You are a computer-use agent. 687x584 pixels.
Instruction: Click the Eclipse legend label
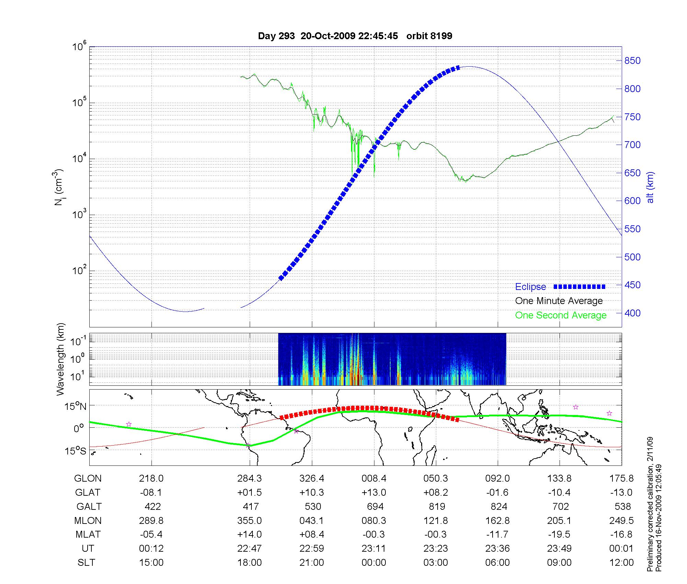pyautogui.click(x=530, y=287)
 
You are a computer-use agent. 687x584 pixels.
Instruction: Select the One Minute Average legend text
pyautogui.click(x=559, y=301)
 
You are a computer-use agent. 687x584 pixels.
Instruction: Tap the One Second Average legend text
pyautogui.click(x=561, y=315)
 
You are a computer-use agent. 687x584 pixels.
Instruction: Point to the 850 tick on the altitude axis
pyautogui.click(x=632, y=61)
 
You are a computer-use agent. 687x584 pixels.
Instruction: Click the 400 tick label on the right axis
pyautogui.click(x=632, y=313)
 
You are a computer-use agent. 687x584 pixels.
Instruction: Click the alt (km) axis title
pyautogui.click(x=650, y=187)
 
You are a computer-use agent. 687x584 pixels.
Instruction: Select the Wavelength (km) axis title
pyautogui.click(x=60, y=359)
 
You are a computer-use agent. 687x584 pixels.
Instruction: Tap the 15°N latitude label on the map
pyautogui.click(x=76, y=407)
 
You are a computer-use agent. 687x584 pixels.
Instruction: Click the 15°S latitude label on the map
pyautogui.click(x=76, y=451)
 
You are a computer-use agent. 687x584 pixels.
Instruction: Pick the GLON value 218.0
pyautogui.click(x=151, y=479)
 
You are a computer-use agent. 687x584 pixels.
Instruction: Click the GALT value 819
pyautogui.click(x=437, y=507)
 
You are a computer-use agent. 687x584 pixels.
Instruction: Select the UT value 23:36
pyautogui.click(x=497, y=549)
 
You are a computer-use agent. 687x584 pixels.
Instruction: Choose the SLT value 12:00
pyautogui.click(x=621, y=563)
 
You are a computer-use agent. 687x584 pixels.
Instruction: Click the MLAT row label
pyautogui.click(x=88, y=535)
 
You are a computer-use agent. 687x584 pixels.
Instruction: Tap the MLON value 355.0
pyautogui.click(x=249, y=521)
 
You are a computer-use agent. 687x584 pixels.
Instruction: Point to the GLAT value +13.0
pyautogui.click(x=374, y=493)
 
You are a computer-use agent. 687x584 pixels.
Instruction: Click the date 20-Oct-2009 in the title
pyautogui.click(x=328, y=36)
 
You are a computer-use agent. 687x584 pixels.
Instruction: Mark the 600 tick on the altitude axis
pyautogui.click(x=632, y=201)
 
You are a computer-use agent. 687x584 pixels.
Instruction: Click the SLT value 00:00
pyautogui.click(x=374, y=563)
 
